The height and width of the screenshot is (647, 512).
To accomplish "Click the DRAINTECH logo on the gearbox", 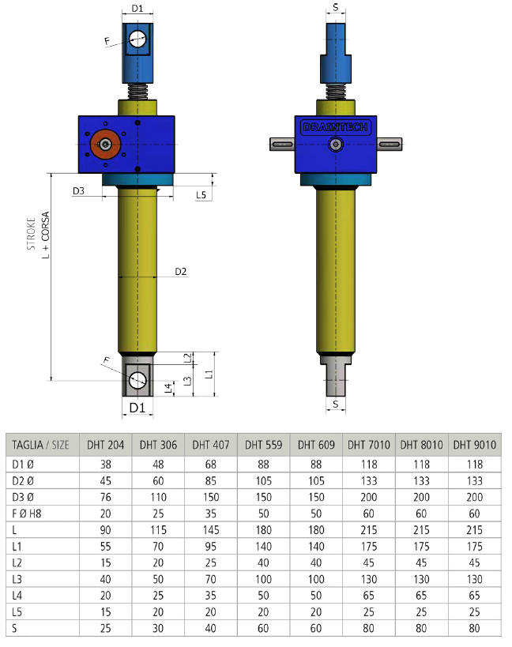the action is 336,127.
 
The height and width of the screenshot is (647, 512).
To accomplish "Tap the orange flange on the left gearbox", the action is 106,144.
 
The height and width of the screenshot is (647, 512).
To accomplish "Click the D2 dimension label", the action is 181,272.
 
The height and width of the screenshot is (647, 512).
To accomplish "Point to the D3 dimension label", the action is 78,190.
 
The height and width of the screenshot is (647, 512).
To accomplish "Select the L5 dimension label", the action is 201,195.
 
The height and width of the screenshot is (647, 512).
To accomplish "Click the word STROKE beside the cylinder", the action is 31,234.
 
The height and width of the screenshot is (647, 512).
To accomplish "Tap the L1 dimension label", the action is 209,374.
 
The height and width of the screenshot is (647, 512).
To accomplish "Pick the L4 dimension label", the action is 168,389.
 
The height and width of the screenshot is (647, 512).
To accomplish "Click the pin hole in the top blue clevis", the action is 137,39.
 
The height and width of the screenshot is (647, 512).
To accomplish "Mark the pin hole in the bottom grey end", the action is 137,380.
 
